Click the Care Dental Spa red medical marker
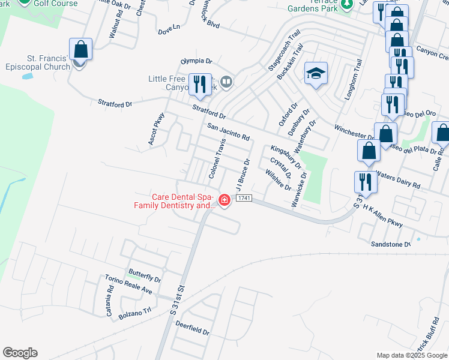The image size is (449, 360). click(224, 200)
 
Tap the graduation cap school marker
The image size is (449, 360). click(316, 74)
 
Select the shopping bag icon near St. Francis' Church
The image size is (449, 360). click(80, 50)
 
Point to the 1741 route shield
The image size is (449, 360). click(243, 198)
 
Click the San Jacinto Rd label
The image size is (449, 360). click(228, 132)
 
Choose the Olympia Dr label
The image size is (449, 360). click(197, 61)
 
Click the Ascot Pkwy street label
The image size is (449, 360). click(156, 130)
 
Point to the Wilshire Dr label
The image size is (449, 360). click(278, 179)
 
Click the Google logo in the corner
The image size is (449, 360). click(20, 353)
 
